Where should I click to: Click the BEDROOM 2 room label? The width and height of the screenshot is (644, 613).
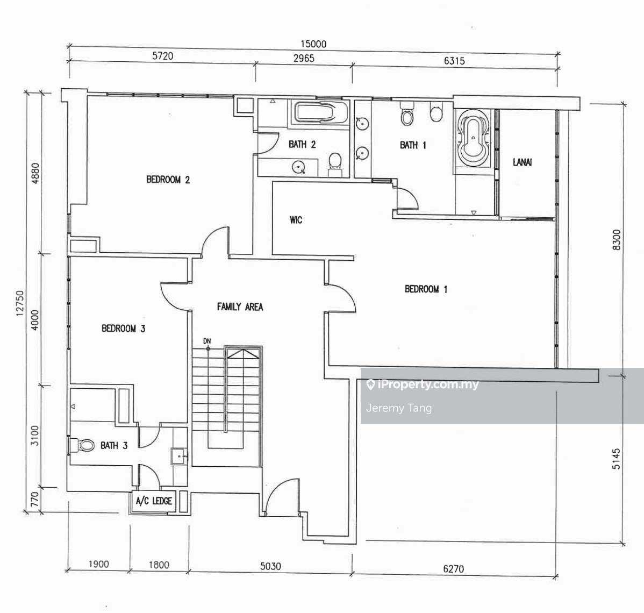tap(168, 180)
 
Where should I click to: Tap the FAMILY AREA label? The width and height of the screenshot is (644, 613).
tap(240, 307)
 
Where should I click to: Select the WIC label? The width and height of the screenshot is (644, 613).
tap(296, 220)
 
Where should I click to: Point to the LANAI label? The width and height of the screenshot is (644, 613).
tap(522, 162)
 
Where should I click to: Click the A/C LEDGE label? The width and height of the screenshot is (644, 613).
tap(154, 501)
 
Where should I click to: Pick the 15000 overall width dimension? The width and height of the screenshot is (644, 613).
tap(313, 44)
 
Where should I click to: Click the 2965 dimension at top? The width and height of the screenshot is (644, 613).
tap(304, 58)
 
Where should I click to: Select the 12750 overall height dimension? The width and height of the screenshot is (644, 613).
tap(20, 304)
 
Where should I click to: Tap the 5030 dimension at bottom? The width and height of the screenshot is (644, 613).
tap(270, 566)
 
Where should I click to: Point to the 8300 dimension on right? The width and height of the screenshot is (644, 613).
tap(617, 240)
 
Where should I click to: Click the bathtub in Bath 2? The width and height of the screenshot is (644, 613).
tap(321, 112)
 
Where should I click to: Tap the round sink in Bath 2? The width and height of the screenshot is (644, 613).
tap(298, 167)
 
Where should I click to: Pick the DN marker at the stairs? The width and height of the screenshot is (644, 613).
tap(207, 341)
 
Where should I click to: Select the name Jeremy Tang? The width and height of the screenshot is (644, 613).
tap(399, 408)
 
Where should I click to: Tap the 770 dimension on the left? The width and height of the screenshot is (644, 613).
tap(34, 499)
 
